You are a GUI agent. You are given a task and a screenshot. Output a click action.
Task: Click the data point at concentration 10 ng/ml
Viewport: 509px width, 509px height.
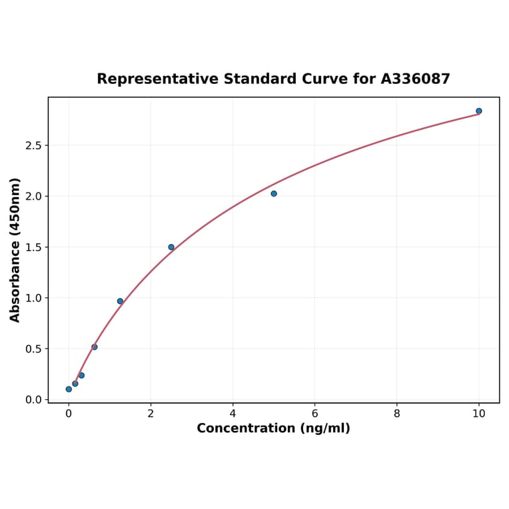479,111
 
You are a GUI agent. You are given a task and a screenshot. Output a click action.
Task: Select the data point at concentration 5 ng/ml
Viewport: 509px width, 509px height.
274,194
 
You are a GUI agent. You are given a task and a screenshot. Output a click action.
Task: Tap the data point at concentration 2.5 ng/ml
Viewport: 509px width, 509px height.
171,247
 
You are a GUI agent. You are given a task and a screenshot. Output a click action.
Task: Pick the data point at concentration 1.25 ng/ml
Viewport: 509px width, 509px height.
120,301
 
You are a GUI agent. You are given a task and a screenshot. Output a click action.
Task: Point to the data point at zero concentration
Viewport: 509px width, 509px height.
69,389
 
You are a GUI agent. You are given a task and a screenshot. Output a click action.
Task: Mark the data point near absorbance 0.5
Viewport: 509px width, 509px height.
95,347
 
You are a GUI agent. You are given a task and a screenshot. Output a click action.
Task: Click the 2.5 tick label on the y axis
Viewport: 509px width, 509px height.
33,145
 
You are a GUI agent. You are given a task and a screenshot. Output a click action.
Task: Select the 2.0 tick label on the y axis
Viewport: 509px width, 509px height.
33,197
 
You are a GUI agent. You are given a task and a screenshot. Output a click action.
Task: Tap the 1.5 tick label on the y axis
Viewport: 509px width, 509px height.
33,247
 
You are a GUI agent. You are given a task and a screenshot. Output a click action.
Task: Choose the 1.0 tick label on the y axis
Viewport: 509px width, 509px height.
33,298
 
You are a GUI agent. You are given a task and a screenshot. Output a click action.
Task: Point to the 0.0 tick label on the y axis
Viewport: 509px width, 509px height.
33,400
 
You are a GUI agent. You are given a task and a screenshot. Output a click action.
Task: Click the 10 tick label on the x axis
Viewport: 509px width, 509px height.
479,413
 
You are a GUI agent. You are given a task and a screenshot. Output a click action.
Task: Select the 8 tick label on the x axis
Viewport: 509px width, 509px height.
397,413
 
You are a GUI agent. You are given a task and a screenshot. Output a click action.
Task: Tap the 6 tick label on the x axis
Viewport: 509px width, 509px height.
315,413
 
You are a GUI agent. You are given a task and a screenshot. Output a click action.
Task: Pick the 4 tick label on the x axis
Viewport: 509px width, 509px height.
233,413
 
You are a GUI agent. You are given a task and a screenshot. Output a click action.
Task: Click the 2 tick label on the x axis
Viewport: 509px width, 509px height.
151,413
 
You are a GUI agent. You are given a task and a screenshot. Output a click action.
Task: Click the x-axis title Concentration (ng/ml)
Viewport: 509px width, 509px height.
273,428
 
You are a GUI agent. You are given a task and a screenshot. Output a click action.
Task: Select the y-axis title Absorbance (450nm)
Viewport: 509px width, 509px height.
15,250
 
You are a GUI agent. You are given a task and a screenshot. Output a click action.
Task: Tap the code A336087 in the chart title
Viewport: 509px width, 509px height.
415,79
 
